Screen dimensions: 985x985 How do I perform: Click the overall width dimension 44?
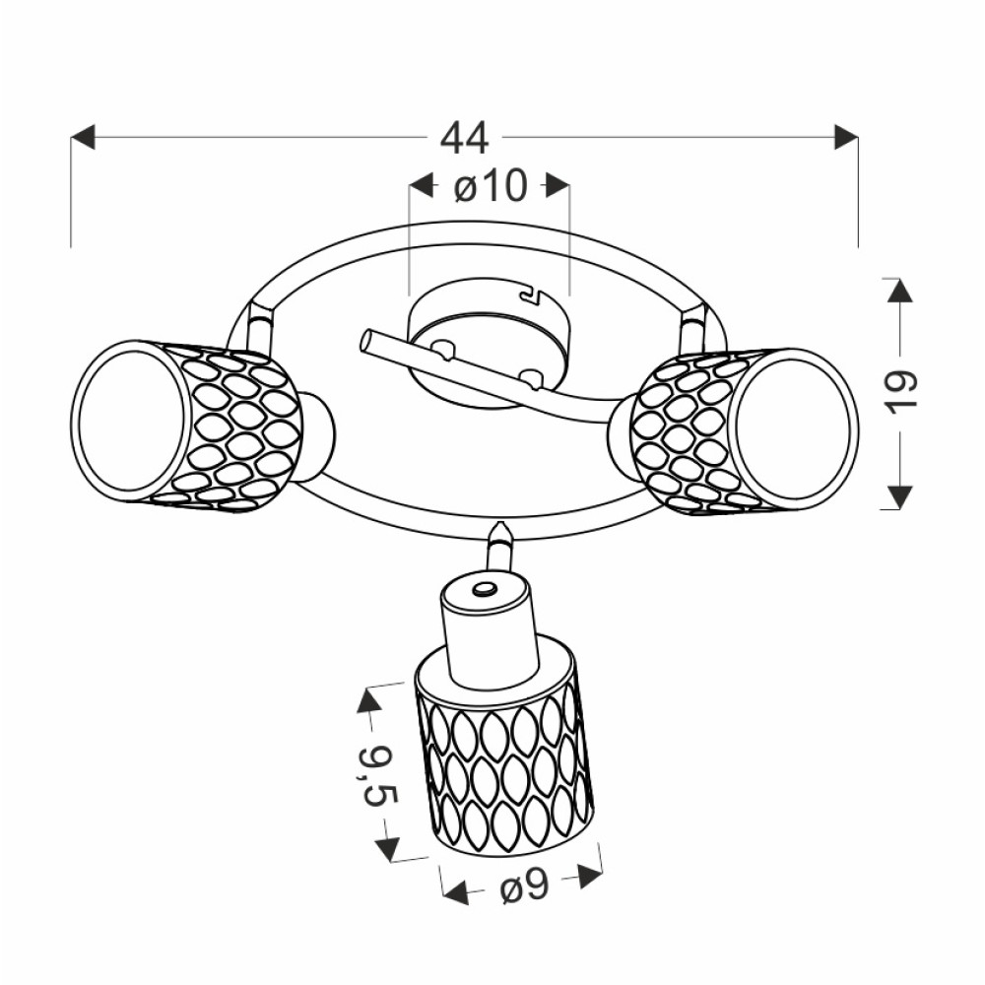(464, 139)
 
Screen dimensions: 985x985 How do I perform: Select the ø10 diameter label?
(490, 186)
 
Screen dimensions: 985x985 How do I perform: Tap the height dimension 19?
(901, 391)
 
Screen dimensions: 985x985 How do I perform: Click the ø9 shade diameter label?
(523, 888)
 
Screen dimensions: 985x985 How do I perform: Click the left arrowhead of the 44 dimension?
(83, 137)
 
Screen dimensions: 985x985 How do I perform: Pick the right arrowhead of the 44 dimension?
(845, 137)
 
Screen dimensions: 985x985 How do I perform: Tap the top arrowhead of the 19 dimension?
(895, 290)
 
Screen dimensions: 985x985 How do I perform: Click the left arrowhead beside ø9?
(454, 893)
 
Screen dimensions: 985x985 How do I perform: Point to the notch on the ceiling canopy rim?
(533, 293)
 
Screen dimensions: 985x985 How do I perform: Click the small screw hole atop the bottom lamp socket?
(484, 589)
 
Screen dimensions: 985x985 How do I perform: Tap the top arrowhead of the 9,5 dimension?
(368, 700)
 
